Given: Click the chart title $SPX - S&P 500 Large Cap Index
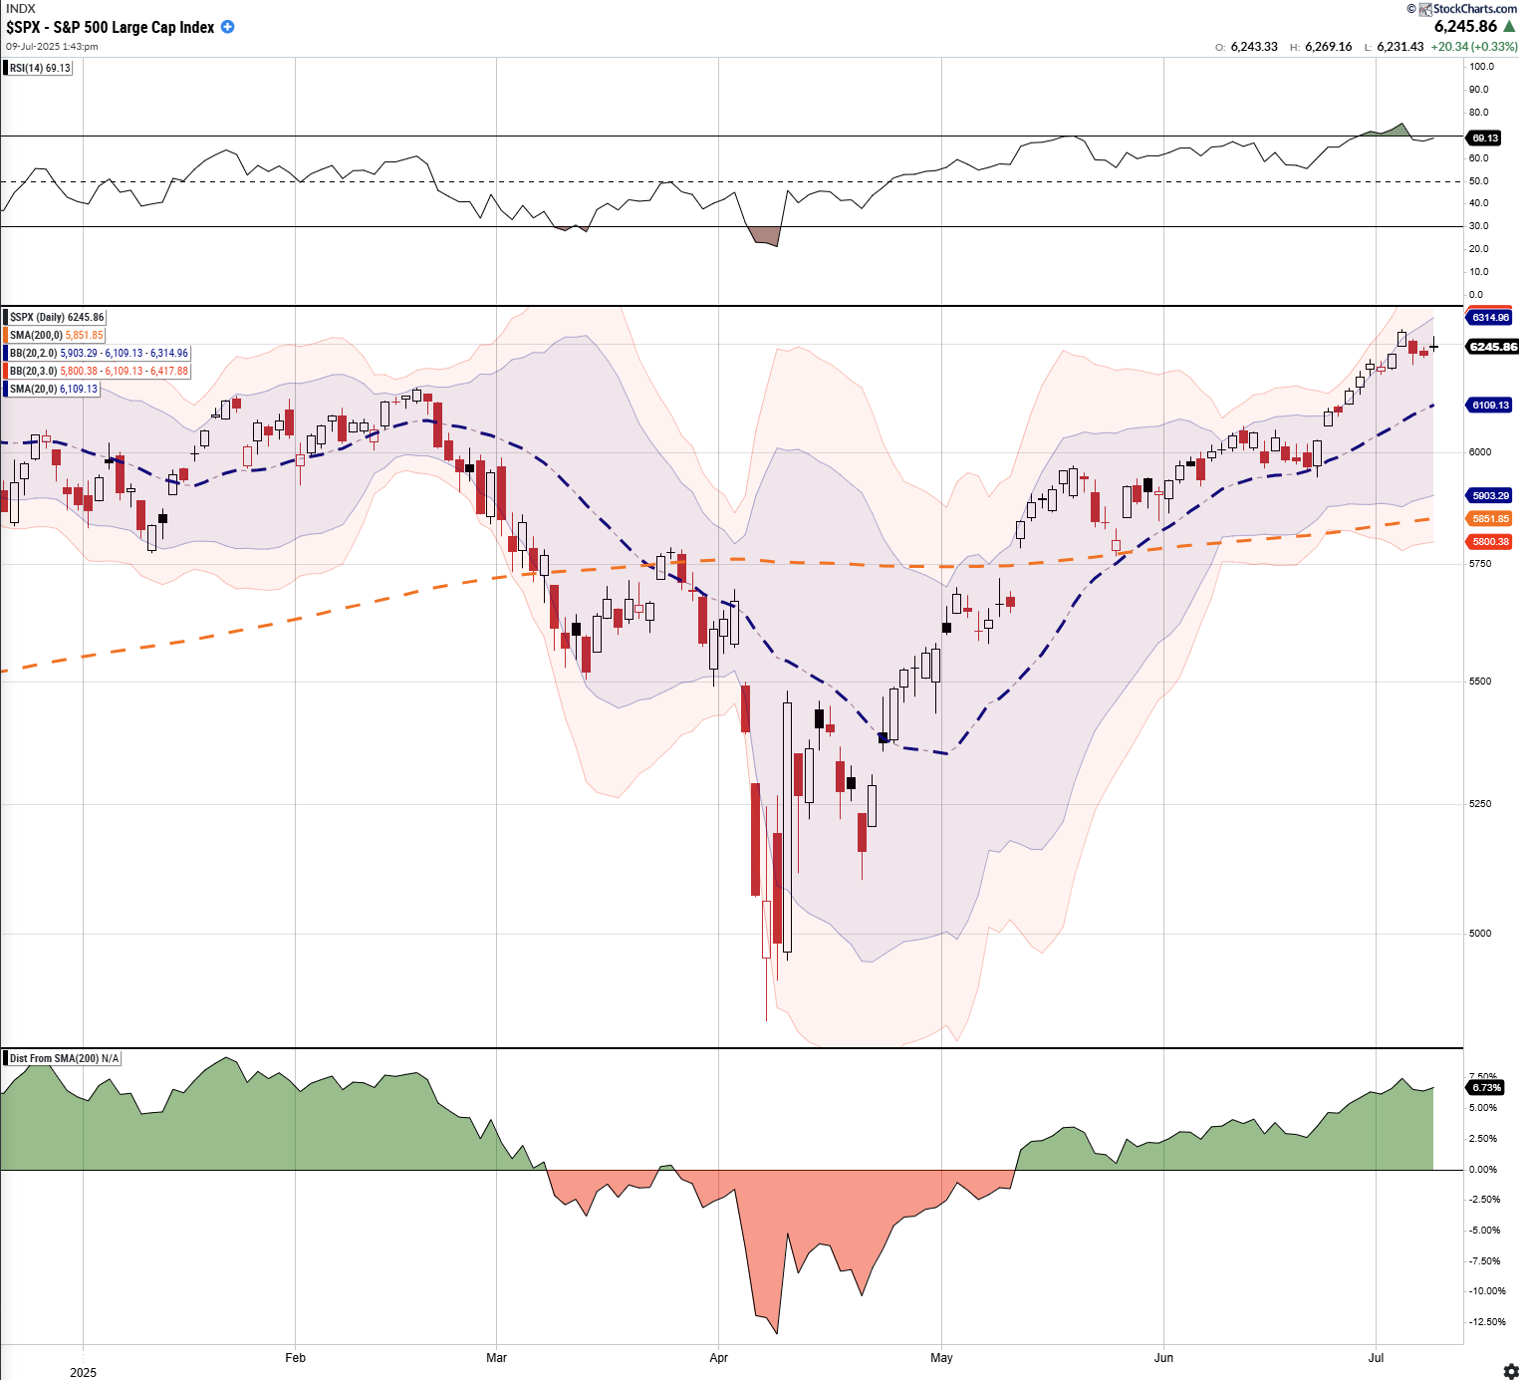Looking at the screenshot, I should pos(111,27).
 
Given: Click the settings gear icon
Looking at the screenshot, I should pos(1510,1371).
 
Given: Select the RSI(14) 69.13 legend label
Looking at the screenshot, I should pos(40,68).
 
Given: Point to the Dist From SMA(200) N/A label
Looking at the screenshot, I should pos(64,1058).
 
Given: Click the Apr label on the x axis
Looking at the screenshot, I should pos(718,1357).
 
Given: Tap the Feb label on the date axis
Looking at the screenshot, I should pos(295,1357).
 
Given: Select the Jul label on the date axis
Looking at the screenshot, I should pos(1377,1357).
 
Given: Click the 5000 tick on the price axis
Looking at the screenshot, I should pos(1480,934).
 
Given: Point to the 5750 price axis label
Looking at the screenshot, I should pos(1480,564).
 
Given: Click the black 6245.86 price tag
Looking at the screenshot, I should pos(1492,347).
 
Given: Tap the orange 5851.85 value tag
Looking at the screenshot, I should pos(1490,519).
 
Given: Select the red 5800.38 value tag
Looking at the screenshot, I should pos(1490,542).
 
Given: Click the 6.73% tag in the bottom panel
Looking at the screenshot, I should pos(1486,1087).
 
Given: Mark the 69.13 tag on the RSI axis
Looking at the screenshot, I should pos(1484,138).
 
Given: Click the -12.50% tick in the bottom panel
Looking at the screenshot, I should pos(1487,1322).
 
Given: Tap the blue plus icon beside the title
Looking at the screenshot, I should pos(228,27).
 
